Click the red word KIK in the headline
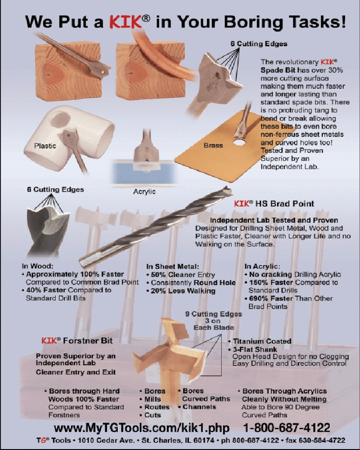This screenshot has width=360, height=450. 126,22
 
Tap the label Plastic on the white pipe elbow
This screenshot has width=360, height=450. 45,146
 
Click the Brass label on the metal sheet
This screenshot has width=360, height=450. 213,145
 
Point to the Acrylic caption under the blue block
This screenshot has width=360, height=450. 144,191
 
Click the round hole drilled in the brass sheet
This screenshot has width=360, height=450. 240,142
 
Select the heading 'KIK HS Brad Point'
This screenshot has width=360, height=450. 274,203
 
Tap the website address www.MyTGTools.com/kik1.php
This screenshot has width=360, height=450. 142,427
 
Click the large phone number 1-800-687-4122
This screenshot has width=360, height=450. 287,427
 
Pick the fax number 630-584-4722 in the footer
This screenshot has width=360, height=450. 322,440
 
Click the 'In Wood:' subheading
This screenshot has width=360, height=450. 38,266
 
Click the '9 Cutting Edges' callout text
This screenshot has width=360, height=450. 214,314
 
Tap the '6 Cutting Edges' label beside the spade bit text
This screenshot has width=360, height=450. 259,44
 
